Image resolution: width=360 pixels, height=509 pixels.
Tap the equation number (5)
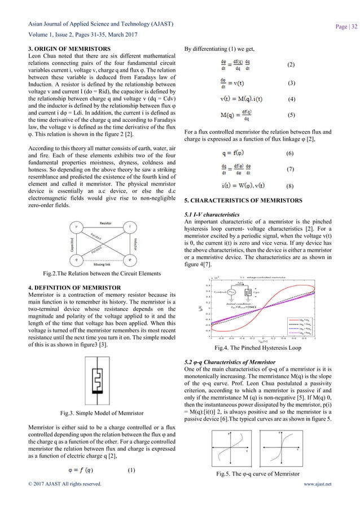click(x=291, y=115)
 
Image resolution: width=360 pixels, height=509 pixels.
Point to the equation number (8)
click(x=291, y=185)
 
